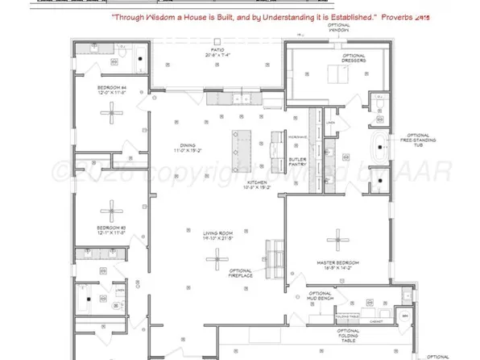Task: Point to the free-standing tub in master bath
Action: (379, 149)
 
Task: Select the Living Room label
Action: (217, 236)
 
